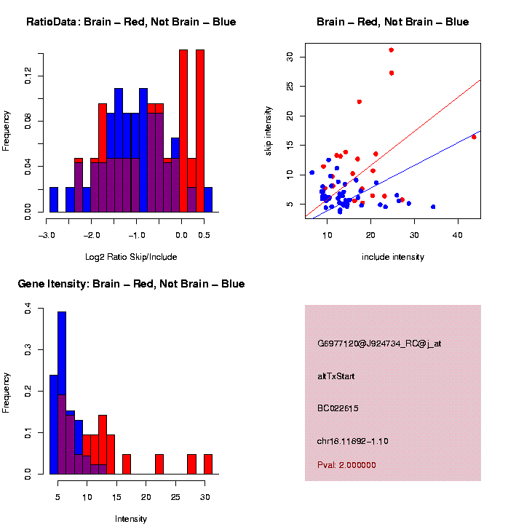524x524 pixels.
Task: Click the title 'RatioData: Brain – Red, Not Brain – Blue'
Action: [131, 22]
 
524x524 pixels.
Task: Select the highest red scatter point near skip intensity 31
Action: [392, 50]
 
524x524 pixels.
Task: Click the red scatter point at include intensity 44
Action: [474, 137]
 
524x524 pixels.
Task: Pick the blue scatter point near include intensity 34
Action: [433, 207]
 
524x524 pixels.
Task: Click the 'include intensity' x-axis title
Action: [393, 257]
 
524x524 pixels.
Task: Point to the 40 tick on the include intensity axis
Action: [457, 235]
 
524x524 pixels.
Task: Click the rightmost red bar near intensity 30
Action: [208, 464]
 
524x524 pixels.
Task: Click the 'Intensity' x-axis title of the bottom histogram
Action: [131, 519]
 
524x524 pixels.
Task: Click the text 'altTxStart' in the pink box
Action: [336, 376]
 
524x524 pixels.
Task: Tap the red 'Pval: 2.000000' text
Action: [346, 465]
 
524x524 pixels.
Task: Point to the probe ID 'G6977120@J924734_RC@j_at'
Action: [379, 344]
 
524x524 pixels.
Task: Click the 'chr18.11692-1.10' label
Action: [353, 441]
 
